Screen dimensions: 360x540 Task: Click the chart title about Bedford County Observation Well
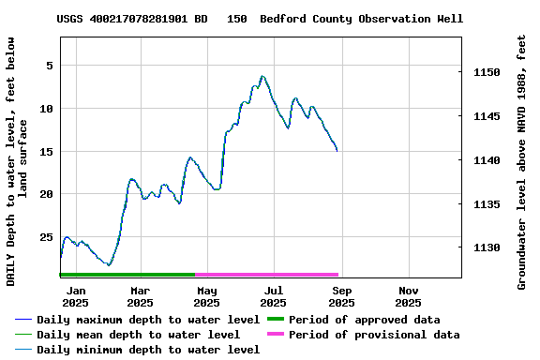[260, 19]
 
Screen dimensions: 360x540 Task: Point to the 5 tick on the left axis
[47, 66]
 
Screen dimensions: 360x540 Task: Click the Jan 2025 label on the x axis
[75, 296]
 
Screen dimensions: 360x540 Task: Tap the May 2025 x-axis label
[207, 296]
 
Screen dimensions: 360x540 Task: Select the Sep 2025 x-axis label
[341, 296]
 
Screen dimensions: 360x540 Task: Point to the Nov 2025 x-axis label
[409, 296]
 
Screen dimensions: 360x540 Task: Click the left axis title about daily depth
[17, 161]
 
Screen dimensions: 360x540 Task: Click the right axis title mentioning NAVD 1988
[522, 161]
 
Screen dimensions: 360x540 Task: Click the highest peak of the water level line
[262, 77]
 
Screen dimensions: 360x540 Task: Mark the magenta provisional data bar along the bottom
[267, 275]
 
